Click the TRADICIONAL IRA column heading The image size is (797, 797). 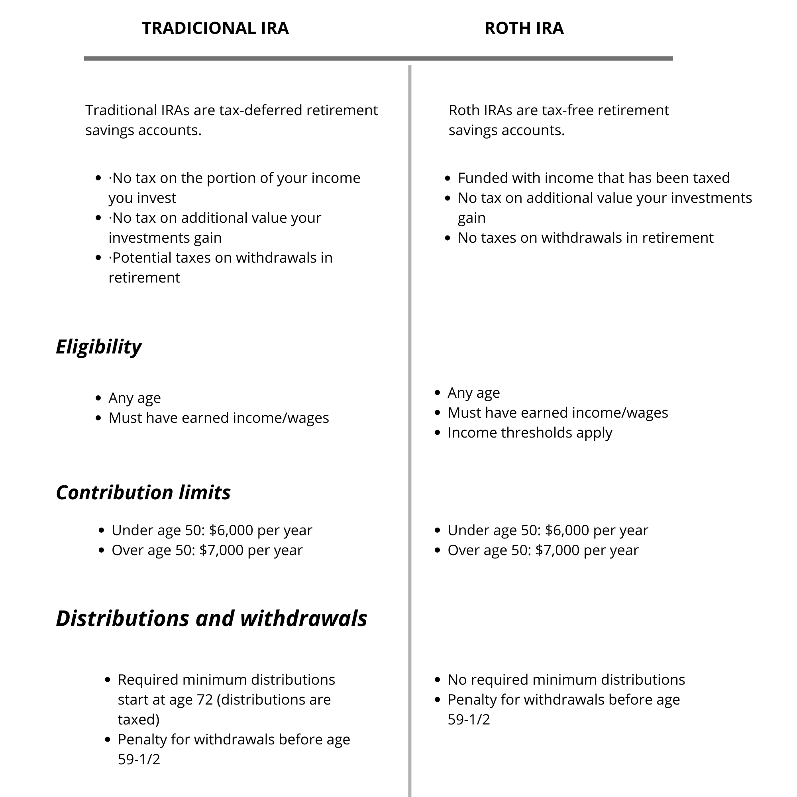click(x=215, y=28)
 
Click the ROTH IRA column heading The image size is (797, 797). click(x=524, y=28)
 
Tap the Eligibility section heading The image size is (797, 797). click(x=98, y=347)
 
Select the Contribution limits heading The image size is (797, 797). click(x=143, y=493)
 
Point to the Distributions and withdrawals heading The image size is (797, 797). click(x=211, y=618)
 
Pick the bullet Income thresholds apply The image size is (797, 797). click(x=529, y=432)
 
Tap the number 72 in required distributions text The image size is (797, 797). click(x=204, y=700)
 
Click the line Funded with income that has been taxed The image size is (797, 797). click(x=593, y=178)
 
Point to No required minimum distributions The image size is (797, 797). click(x=566, y=679)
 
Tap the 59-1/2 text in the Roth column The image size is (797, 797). click(x=469, y=719)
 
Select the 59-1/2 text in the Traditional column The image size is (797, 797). click(x=139, y=759)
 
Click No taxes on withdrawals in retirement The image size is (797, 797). click(x=585, y=238)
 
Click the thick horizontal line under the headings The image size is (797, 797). click(x=378, y=59)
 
